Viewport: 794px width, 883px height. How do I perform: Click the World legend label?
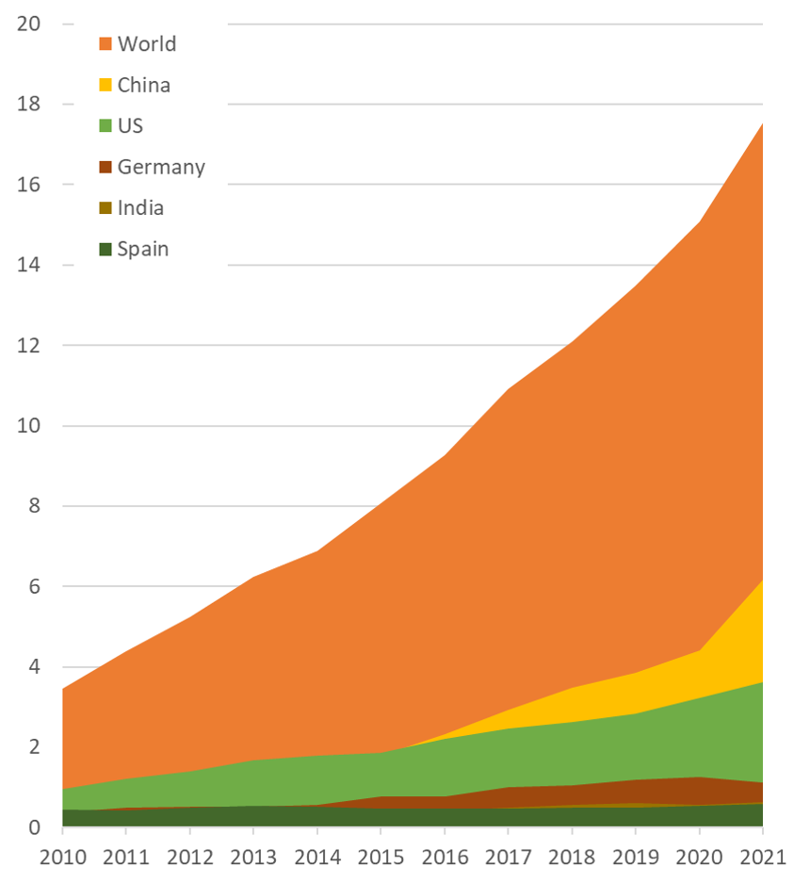[x=147, y=43]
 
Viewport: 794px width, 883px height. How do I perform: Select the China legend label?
[x=144, y=85]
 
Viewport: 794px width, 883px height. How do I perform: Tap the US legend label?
[x=130, y=125]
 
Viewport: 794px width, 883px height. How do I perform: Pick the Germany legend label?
[x=161, y=167]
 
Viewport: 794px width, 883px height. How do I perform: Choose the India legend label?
[x=140, y=207]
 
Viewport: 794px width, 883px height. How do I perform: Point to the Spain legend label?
[x=143, y=249]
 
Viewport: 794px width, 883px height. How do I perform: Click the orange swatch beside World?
[x=105, y=43]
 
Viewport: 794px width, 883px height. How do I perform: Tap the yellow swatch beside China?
[x=105, y=85]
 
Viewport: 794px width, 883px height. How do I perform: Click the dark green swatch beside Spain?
[x=105, y=249]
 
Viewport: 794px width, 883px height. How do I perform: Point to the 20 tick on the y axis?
[x=28, y=24]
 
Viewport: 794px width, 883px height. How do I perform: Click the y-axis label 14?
[x=28, y=265]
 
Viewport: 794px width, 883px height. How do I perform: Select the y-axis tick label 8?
[x=34, y=506]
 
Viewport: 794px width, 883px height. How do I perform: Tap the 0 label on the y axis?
[x=34, y=827]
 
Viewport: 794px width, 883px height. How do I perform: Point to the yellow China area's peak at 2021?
[x=762, y=580]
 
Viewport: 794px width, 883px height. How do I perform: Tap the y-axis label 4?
[x=34, y=667]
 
